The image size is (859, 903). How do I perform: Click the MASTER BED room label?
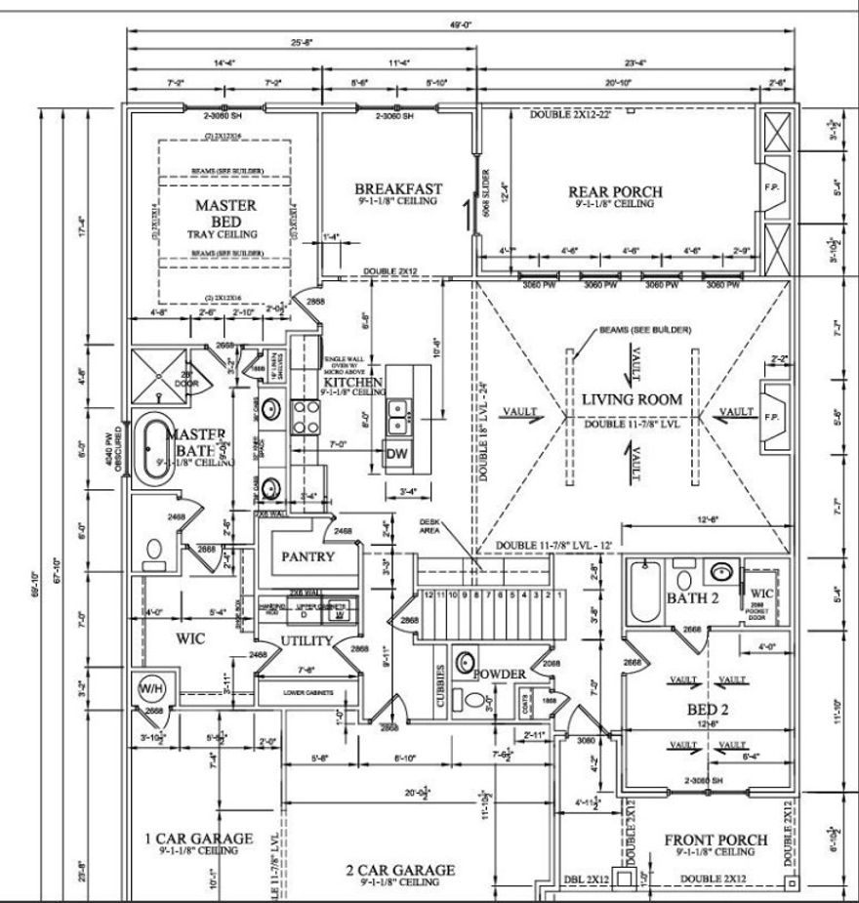coord(226,205)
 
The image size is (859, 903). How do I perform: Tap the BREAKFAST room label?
coord(398,188)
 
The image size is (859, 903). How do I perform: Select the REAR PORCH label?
coord(615,192)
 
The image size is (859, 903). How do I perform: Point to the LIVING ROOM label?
coord(632,399)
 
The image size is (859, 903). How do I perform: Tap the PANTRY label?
coord(308,556)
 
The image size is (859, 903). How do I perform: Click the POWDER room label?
coord(501,674)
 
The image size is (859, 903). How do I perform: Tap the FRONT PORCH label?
coord(716,840)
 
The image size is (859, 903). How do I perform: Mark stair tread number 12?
coord(428,594)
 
